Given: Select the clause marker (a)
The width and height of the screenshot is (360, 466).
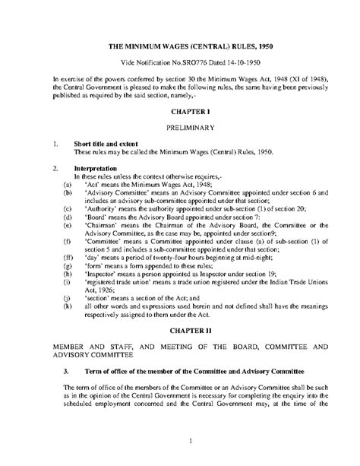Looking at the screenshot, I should (x=68, y=184).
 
